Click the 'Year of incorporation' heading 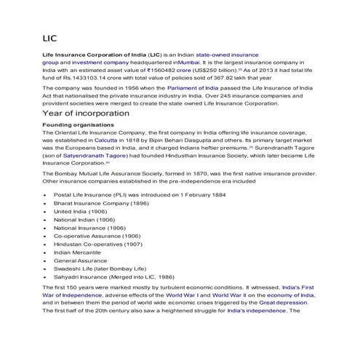click(x=86, y=113)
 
